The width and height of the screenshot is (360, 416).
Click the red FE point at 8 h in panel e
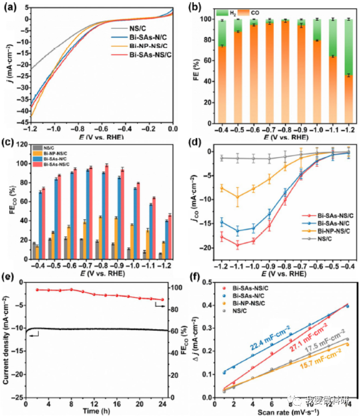[71, 289]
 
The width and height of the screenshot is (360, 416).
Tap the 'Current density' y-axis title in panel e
[8, 338]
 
